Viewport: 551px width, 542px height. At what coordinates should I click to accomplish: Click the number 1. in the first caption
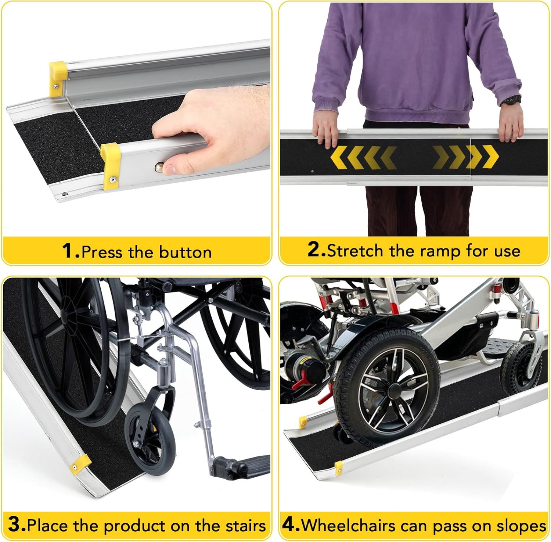click(71, 251)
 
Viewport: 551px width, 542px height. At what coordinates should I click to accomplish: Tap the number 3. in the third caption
click(17, 524)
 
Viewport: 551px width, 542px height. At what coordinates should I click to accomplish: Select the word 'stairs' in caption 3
click(245, 525)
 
